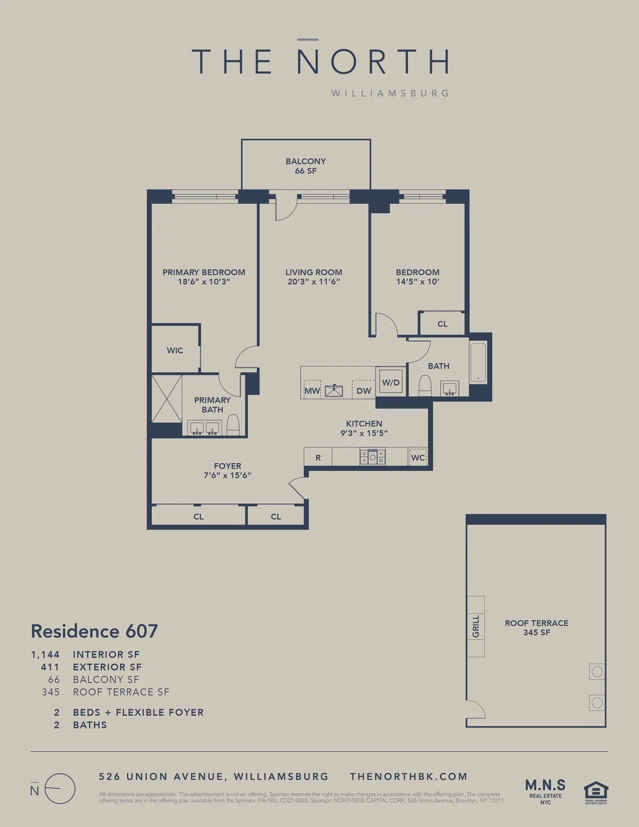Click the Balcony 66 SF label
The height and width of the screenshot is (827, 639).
(x=306, y=166)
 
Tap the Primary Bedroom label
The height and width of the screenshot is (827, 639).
(x=204, y=272)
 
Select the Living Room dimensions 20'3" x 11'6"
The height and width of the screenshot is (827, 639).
(x=314, y=282)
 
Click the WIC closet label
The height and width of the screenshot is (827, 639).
(x=175, y=350)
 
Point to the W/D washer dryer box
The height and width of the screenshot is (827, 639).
(x=391, y=382)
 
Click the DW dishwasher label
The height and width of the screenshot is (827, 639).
(x=364, y=390)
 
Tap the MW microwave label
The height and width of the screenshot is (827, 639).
(x=312, y=390)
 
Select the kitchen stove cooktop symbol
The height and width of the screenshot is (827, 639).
(x=373, y=456)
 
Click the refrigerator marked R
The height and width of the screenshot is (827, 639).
(x=318, y=457)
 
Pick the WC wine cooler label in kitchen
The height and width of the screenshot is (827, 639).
(x=418, y=457)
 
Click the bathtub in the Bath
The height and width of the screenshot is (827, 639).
(x=478, y=363)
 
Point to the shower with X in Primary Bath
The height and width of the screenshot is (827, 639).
(x=167, y=399)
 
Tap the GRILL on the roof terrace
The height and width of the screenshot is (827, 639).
(x=476, y=626)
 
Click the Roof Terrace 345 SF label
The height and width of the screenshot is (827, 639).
(x=536, y=627)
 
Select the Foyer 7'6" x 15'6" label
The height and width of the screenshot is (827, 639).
(x=227, y=470)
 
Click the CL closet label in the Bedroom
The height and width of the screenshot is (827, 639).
(x=443, y=324)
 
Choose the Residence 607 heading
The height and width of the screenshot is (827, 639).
(x=94, y=631)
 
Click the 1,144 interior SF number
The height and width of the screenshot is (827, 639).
(x=45, y=654)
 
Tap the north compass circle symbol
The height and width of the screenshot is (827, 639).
(x=60, y=789)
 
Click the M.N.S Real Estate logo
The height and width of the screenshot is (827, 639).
(x=545, y=791)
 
